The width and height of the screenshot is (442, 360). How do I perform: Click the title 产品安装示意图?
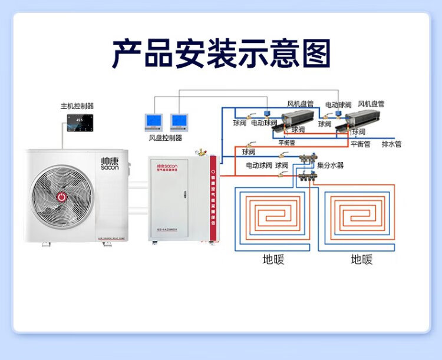221,55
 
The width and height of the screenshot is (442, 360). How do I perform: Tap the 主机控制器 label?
77,106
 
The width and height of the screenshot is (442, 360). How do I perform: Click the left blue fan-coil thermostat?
153,121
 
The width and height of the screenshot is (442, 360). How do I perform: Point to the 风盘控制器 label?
166,138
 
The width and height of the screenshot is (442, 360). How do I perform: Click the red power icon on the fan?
61,196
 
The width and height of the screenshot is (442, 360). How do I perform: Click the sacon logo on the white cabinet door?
171,167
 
